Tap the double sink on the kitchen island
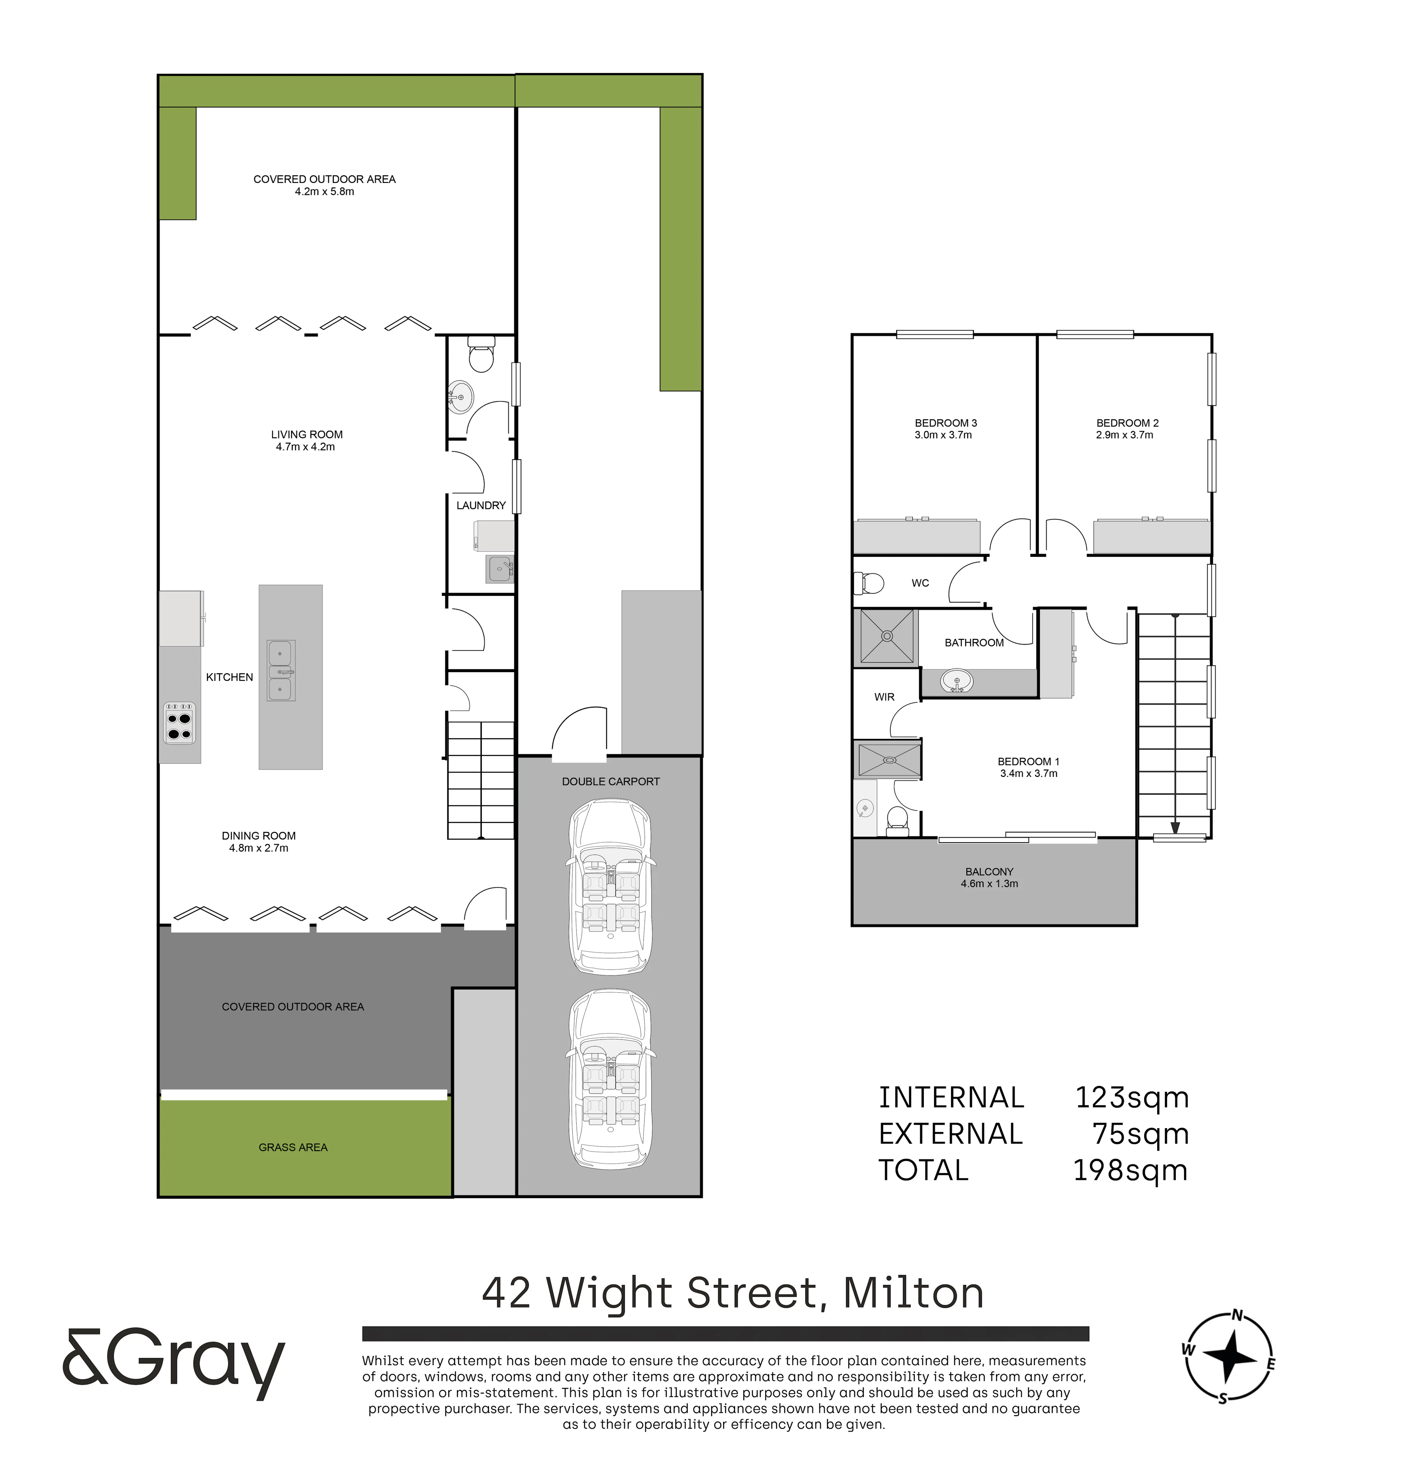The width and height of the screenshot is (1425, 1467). pos(281,671)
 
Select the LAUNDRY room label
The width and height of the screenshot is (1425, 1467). pos(481,505)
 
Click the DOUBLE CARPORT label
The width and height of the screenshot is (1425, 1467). pos(611,781)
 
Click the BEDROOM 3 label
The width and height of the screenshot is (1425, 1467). pos(946,423)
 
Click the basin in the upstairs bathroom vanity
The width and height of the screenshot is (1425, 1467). pos(957,681)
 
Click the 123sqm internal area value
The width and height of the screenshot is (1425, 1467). pos(1132,1098)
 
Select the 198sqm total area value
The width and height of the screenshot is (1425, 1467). pos(1130,1170)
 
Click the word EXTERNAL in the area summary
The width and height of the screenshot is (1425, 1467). pos(951,1134)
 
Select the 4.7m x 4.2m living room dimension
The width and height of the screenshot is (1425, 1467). pos(305,447)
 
